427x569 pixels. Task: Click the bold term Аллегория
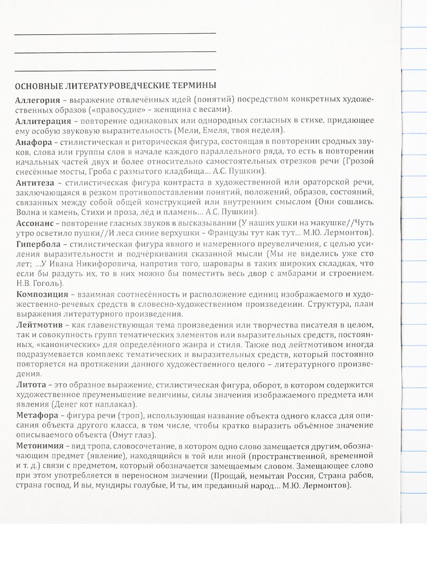37,101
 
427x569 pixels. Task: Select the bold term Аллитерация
41,120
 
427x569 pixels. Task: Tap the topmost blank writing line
115,33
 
